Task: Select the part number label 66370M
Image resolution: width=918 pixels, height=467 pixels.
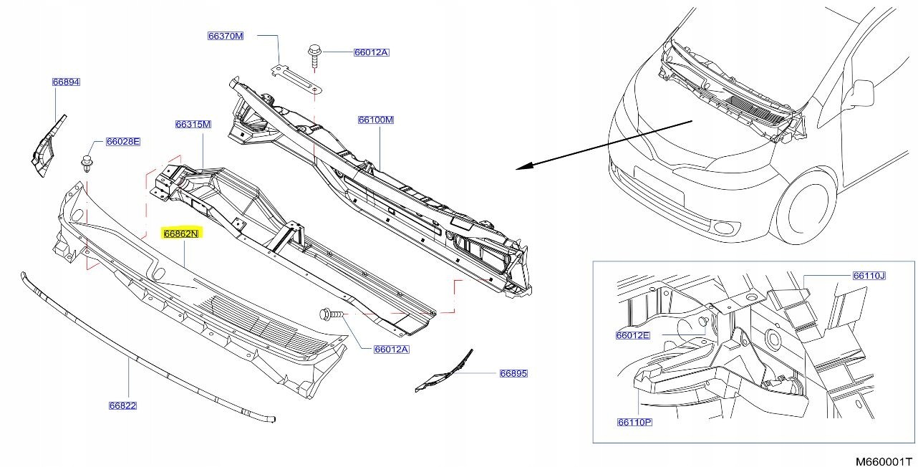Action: click(226, 35)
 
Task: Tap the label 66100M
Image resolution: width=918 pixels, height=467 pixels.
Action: click(376, 120)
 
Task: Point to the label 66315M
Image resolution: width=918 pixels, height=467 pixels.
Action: click(193, 125)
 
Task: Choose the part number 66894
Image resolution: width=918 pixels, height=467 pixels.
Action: click(66, 82)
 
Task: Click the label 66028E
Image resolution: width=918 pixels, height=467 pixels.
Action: click(122, 142)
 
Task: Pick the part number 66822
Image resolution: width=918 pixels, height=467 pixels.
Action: click(122, 405)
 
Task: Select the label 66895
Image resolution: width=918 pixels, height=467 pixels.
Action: click(513, 373)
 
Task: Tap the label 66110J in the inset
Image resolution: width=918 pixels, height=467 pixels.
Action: click(869, 275)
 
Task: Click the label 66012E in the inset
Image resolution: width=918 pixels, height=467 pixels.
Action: click(632, 334)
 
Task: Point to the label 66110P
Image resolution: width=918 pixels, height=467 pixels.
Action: click(634, 422)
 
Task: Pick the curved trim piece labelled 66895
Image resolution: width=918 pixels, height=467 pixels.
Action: click(444, 372)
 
